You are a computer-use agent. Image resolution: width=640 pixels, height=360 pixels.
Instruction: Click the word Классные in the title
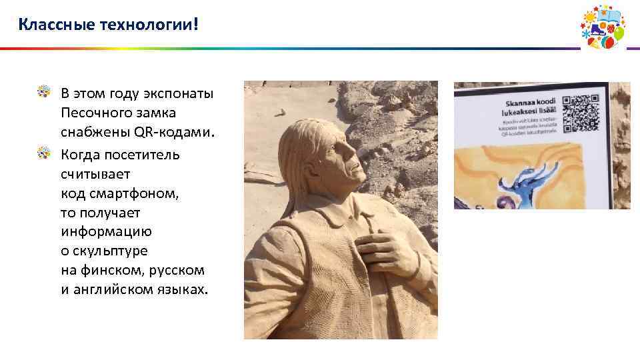(56, 25)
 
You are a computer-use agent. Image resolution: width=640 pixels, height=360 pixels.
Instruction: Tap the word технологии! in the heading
(149, 25)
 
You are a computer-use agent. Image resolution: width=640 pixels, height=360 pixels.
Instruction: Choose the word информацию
(106, 232)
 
